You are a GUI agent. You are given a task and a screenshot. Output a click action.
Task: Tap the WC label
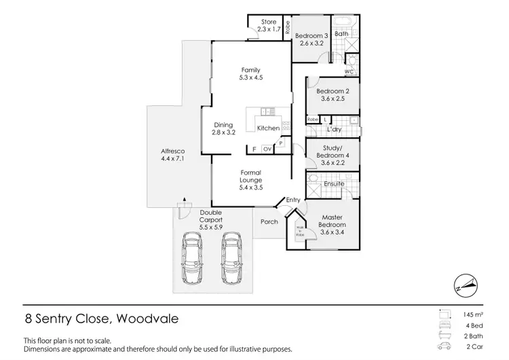coord(350,71)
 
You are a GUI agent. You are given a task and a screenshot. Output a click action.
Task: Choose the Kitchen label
coord(268,128)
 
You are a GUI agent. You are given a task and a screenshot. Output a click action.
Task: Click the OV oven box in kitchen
coord(267,149)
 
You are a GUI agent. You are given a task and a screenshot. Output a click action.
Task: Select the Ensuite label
coord(334,183)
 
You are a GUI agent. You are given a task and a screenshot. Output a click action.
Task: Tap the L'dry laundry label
coord(333,129)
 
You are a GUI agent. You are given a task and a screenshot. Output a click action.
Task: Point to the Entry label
coord(293,199)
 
